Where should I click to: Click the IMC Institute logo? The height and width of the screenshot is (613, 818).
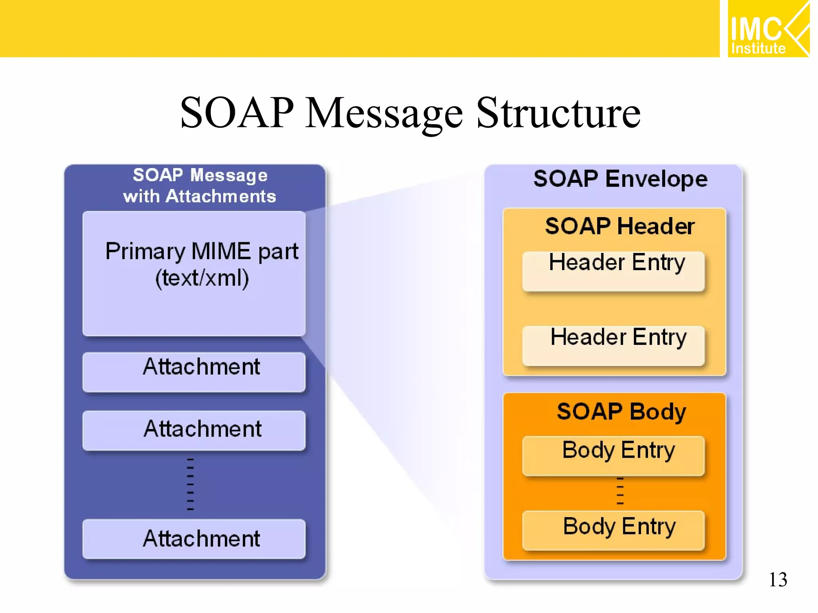768,29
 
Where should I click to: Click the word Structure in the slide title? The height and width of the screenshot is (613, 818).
558,113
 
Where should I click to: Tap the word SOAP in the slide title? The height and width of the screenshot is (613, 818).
237,113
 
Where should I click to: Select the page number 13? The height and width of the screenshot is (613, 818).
778,579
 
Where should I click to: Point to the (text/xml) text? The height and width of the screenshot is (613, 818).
202,278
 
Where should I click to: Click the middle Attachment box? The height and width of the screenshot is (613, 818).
194,430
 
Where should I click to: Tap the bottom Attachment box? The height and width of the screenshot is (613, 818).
194,539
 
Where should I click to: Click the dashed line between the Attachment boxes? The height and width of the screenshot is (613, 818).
190,484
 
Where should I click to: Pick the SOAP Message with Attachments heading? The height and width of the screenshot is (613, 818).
200,186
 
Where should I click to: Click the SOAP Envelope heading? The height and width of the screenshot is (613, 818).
620,179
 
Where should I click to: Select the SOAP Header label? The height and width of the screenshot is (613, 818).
619,226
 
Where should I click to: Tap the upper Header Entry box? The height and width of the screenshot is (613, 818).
613,271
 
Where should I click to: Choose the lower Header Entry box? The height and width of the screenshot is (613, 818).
613,346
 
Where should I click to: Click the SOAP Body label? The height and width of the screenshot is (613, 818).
621,411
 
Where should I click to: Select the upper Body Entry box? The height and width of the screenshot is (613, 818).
613,455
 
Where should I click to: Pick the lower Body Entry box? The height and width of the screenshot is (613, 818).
613,530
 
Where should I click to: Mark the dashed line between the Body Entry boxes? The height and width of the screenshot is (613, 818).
620,491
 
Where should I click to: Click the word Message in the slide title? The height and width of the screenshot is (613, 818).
384,113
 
